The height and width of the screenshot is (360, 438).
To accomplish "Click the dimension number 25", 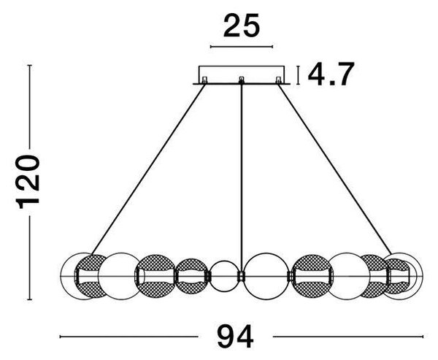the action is coord(242,26).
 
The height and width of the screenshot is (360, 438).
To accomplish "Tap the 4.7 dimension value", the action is coord(331,74).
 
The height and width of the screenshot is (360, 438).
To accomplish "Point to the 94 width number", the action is coord(235,337).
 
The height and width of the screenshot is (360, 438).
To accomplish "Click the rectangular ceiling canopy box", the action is coord(242,74).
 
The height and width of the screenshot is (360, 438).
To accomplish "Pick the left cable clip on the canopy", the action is coord(204,80).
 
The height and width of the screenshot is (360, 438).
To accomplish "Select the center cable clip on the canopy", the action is coord(242,80).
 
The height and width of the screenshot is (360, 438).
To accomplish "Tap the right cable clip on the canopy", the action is coord(279,80).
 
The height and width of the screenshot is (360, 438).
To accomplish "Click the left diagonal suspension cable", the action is coord(148,169).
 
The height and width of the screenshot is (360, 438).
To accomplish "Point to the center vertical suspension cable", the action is coord(242,177).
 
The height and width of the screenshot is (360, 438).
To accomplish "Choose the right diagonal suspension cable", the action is coord(334,169).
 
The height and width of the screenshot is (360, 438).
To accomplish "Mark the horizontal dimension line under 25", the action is coord(242,47).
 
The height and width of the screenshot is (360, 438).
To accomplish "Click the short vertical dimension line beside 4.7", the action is coord(299,75).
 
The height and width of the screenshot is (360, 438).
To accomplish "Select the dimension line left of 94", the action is coord(129,337).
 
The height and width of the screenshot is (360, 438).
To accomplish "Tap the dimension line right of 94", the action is coord(348,337).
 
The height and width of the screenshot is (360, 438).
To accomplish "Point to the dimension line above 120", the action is coord(30,107).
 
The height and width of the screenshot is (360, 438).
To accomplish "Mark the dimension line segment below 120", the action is coord(30,258).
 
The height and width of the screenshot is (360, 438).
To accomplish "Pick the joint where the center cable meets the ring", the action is coord(241,277).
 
